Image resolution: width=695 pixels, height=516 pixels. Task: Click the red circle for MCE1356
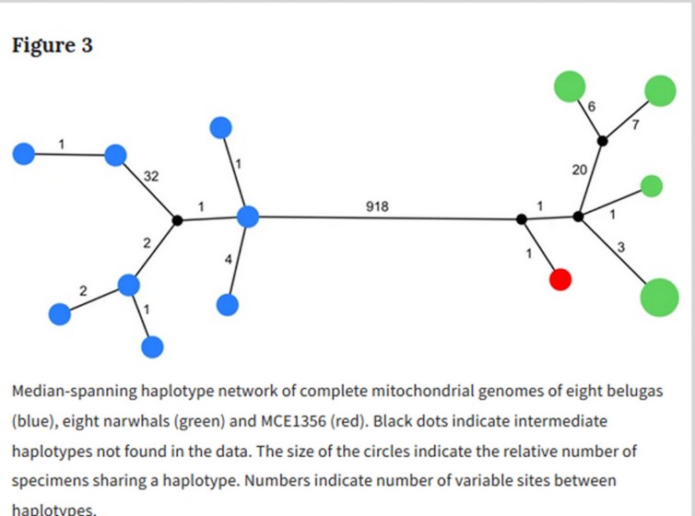pyautogui.click(x=560, y=279)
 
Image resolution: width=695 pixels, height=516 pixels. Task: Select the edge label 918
pyautogui.click(x=377, y=207)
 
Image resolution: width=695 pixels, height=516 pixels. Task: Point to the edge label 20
pyautogui.click(x=579, y=170)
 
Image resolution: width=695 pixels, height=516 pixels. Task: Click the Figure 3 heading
pyautogui.click(x=53, y=45)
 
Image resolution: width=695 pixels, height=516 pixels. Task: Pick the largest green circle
pyautogui.click(x=659, y=297)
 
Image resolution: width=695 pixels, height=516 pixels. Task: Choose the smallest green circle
pyautogui.click(x=651, y=185)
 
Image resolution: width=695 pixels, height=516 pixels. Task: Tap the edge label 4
pyautogui.click(x=228, y=260)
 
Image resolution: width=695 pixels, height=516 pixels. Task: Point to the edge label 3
pyautogui.click(x=621, y=246)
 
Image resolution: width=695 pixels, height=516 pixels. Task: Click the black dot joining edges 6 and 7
pyautogui.click(x=602, y=141)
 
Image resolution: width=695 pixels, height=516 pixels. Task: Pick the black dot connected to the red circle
pyautogui.click(x=522, y=219)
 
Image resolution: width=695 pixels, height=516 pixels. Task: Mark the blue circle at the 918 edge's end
pyautogui.click(x=247, y=217)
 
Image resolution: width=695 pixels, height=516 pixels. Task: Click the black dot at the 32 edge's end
pyautogui.click(x=177, y=219)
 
